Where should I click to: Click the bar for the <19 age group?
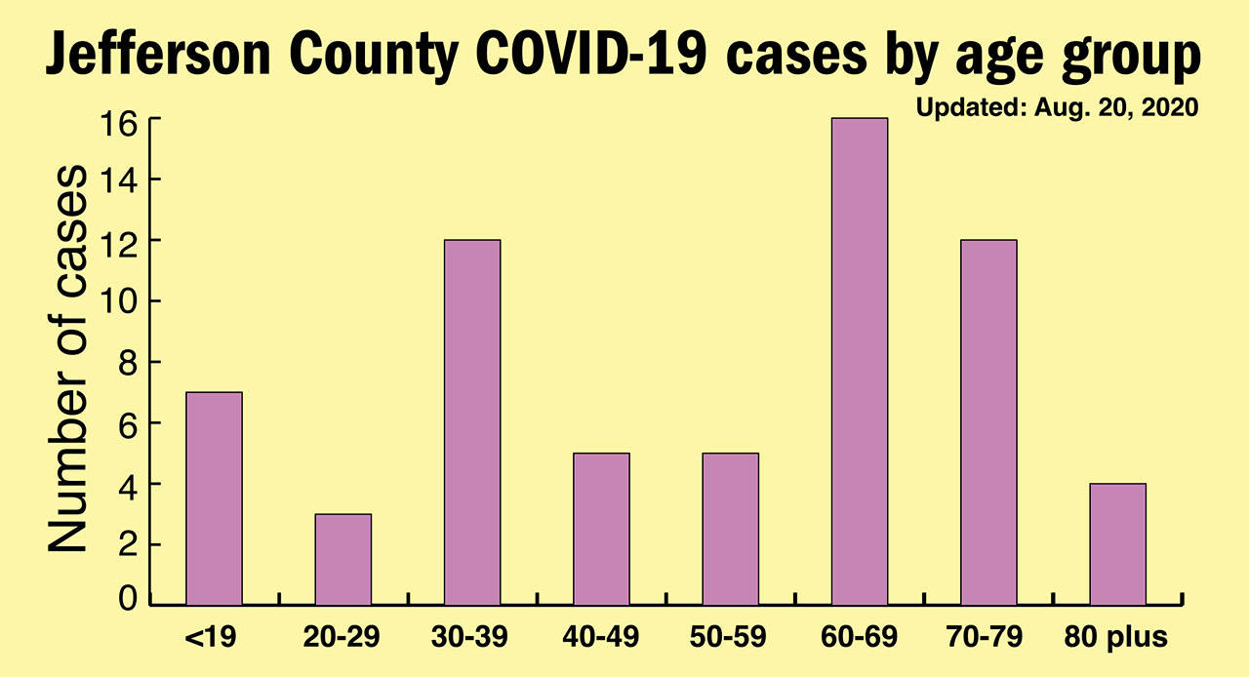pyautogui.click(x=214, y=498)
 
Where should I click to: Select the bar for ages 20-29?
pyautogui.click(x=342, y=559)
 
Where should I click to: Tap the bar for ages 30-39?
pyautogui.click(x=472, y=422)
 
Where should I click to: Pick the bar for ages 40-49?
pyautogui.click(x=601, y=529)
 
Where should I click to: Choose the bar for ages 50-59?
pyautogui.click(x=730, y=529)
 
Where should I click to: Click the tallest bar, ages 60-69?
pyautogui.click(x=860, y=362)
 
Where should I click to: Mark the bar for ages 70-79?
pyautogui.click(x=988, y=422)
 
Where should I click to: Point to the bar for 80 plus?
pyautogui.click(x=1117, y=544)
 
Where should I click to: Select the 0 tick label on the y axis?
pyautogui.click(x=128, y=598)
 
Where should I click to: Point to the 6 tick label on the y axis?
pyautogui.click(x=128, y=423)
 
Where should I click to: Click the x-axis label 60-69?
pyautogui.click(x=860, y=638)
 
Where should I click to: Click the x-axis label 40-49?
pyautogui.click(x=601, y=638)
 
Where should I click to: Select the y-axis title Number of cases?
pyautogui.click(x=68, y=359)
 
